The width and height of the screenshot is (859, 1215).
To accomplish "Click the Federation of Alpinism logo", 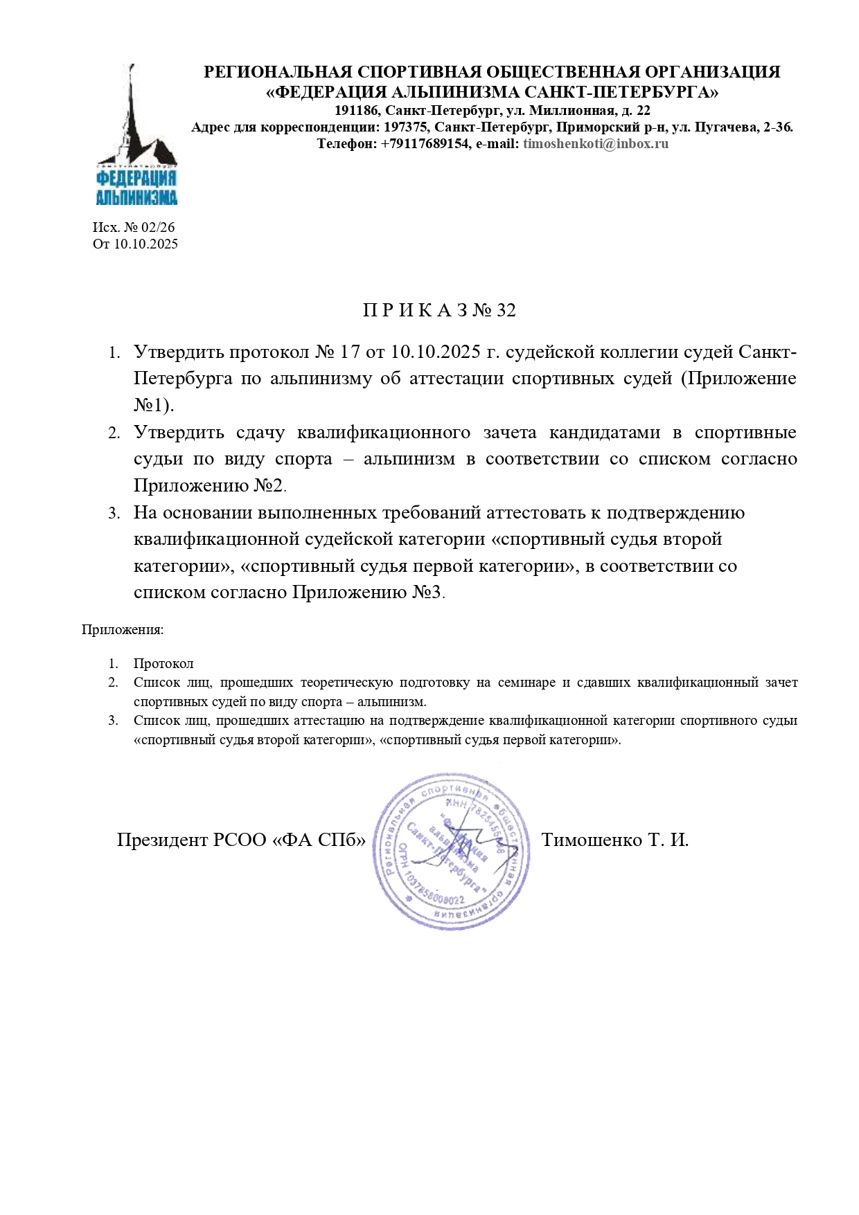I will (136, 136).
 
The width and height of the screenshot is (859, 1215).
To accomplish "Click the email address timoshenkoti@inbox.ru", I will (596, 144).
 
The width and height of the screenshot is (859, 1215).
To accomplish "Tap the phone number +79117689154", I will (425, 144).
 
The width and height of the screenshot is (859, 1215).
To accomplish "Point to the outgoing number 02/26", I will (158, 227).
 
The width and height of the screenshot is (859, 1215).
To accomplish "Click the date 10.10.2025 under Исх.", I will (145, 244).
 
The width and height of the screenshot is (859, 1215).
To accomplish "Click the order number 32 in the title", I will (506, 310).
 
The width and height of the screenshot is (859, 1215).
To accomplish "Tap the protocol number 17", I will (350, 352).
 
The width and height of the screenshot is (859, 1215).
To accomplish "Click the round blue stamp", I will (452, 851).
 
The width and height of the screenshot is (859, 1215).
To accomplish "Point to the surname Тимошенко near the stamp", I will (592, 840).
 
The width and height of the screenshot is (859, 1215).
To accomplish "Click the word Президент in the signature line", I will (162, 840).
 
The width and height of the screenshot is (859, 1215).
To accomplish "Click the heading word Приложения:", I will (123, 630).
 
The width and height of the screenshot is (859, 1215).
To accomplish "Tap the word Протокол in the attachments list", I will (163, 664).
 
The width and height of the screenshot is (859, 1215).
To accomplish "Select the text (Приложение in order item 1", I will (738, 379).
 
